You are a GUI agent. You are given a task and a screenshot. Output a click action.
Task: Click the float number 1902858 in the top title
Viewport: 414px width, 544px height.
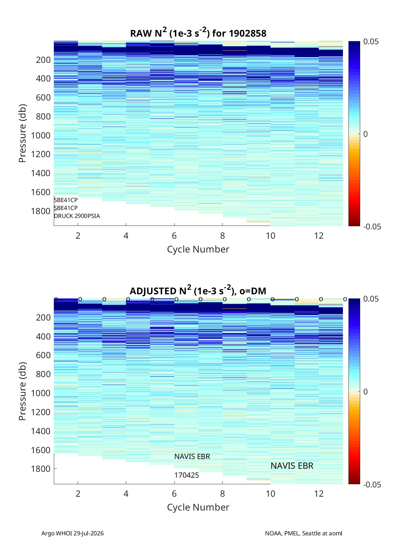pyautogui.click(x=247, y=34)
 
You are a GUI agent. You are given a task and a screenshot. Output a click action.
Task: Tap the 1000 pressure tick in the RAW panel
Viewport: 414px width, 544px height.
pyautogui.click(x=41, y=135)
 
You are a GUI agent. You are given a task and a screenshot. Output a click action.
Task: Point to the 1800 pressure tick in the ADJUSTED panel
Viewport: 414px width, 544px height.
pyautogui.click(x=41, y=469)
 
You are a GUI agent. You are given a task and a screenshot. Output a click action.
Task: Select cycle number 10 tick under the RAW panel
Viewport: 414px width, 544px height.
pyautogui.click(x=270, y=236)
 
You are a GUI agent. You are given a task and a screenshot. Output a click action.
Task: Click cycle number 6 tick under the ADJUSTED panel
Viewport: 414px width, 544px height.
pyautogui.click(x=174, y=494)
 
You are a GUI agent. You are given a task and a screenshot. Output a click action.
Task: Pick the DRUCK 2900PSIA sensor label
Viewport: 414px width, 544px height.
pyautogui.click(x=77, y=216)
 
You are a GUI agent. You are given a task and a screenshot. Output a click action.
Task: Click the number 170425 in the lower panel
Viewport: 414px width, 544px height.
pyautogui.click(x=187, y=475)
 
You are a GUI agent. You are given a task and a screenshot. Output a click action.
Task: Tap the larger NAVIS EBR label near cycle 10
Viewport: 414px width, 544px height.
pyautogui.click(x=292, y=466)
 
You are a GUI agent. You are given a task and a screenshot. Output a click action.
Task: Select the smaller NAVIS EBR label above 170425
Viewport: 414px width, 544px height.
pyautogui.click(x=192, y=457)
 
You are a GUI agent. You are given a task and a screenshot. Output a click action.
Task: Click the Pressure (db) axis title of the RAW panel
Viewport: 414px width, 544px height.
pyautogui.click(x=22, y=133)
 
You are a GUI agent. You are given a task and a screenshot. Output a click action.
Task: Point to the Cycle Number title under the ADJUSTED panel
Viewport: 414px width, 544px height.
pyautogui.click(x=198, y=507)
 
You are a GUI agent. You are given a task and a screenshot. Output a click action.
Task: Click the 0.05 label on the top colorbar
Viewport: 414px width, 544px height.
pyautogui.click(x=371, y=42)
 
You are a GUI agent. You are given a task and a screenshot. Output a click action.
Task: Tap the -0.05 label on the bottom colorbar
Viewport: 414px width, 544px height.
pyautogui.click(x=372, y=485)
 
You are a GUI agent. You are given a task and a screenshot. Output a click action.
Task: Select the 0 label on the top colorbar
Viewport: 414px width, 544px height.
pyautogui.click(x=365, y=134)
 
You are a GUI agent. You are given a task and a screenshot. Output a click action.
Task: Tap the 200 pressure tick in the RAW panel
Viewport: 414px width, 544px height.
pyautogui.click(x=43, y=60)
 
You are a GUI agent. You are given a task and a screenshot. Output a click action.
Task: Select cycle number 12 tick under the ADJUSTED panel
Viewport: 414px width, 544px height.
pyautogui.click(x=319, y=494)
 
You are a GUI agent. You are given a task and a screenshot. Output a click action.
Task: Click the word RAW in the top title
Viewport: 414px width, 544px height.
pyautogui.click(x=141, y=34)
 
